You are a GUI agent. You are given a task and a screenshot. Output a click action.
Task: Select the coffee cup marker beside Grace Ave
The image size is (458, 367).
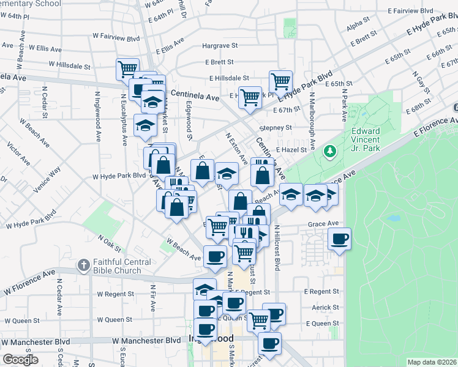pyautogui.click(x=339, y=239)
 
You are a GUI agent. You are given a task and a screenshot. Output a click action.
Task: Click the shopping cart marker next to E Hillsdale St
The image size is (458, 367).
pyautogui.click(x=280, y=81)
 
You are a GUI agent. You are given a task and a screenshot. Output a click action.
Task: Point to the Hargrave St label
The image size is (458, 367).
pyautogui.click(x=219, y=46)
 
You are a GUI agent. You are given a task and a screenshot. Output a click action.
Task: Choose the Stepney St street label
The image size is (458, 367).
pyautogui.click(x=276, y=128)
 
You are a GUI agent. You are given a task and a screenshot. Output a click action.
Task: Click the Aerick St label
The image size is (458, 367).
pyautogui.click(x=325, y=308)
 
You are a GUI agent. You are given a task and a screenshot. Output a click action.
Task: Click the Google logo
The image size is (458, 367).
pyautogui.click(x=21, y=360)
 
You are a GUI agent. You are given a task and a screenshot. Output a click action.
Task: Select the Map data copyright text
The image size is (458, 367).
pyautogui.click(x=431, y=362)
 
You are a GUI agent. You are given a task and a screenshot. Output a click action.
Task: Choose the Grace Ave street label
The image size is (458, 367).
pyautogui.click(x=323, y=224)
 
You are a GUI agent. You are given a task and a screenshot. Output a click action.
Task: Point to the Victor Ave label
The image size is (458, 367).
pyautogui.click(x=18, y=154)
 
